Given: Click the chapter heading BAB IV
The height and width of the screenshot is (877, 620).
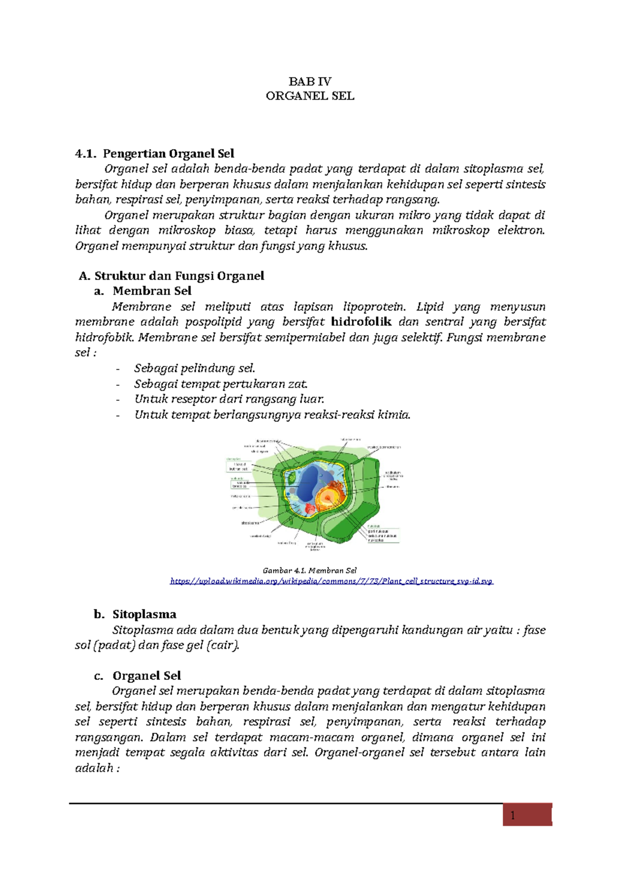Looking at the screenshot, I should [x=309, y=81].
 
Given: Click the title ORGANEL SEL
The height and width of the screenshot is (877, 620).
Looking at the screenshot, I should [x=309, y=96].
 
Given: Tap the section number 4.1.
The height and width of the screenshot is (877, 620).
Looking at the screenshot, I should [x=85, y=153].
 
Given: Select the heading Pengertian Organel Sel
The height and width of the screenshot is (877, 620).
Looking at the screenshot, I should [x=168, y=153].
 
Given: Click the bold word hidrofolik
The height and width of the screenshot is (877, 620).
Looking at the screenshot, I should [x=361, y=322].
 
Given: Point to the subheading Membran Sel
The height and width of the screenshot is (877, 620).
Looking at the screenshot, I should [x=152, y=291].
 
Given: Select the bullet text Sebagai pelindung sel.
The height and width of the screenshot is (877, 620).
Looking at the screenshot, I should [x=195, y=368].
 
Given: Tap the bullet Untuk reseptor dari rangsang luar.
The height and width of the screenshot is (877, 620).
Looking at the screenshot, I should [x=229, y=399].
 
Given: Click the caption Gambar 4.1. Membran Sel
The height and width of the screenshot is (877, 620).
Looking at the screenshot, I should [x=309, y=571].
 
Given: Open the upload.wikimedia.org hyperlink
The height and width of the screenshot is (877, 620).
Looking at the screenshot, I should [x=331, y=581].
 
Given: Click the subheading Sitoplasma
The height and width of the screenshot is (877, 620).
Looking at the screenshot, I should [x=144, y=614].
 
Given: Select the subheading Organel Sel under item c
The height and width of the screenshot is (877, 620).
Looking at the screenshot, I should [x=147, y=676].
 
